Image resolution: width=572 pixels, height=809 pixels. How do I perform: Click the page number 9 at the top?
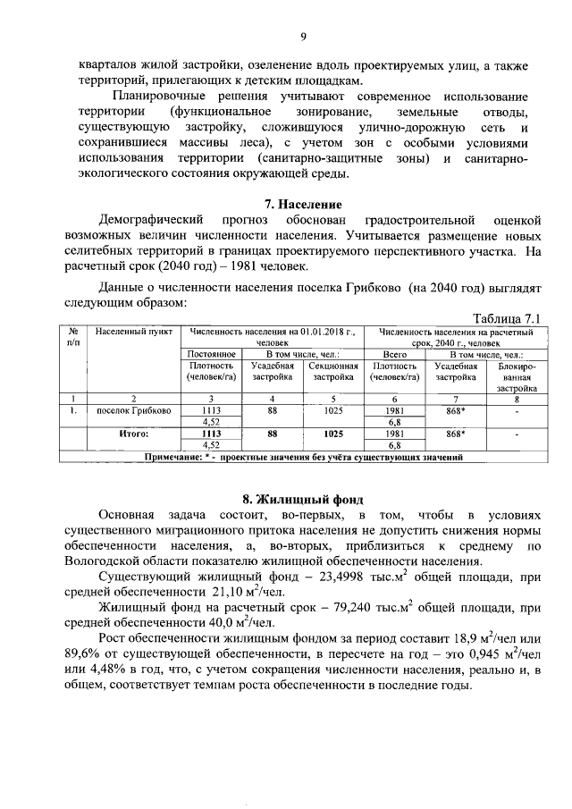(x=303, y=37)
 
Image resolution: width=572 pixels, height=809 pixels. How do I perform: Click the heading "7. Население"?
(x=303, y=204)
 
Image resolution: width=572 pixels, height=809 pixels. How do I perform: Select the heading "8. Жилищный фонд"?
(x=303, y=499)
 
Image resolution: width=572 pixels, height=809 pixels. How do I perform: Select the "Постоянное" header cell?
(x=212, y=354)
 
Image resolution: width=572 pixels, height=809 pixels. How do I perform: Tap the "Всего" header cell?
(x=394, y=354)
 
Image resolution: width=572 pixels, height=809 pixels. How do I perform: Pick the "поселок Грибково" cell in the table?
(x=135, y=411)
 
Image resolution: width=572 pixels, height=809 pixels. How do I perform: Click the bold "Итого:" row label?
(x=133, y=433)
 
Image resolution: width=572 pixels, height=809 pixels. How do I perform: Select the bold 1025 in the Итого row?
(x=333, y=433)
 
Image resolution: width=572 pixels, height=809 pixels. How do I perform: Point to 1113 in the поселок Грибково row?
(x=212, y=411)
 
